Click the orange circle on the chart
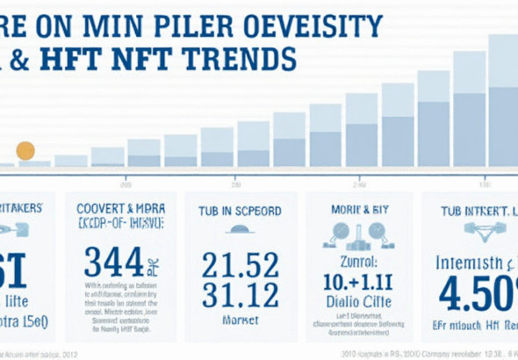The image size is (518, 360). [25, 150]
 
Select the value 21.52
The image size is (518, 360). [240, 264]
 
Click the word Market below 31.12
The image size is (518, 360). [240, 321]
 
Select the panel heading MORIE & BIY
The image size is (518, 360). [358, 211]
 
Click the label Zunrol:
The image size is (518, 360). [358, 261]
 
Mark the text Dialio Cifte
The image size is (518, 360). [358, 301]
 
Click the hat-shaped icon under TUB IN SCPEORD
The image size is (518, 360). [239, 232]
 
